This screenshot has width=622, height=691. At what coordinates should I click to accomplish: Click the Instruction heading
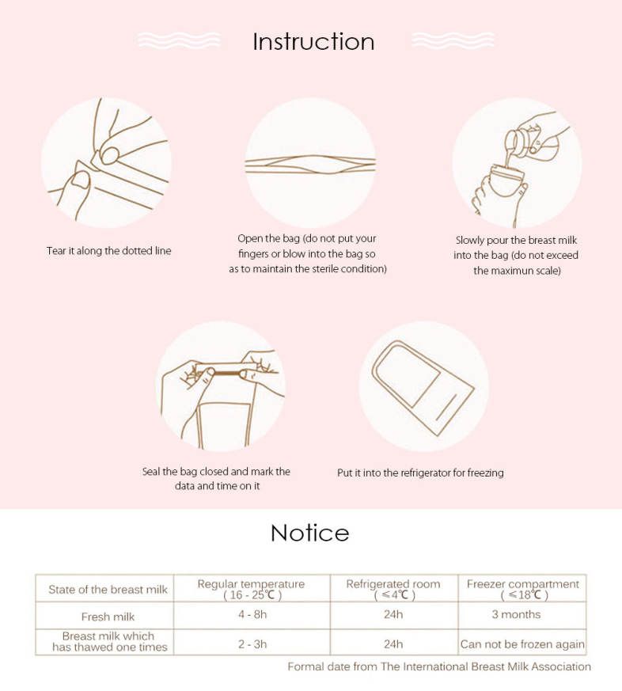coord(313,42)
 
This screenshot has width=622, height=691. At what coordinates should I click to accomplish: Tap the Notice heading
coord(310,533)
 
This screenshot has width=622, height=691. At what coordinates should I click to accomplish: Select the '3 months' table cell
coord(516,614)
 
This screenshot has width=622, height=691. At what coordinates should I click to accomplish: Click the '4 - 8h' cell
coord(252,614)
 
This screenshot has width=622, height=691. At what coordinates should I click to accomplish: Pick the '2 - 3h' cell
coord(252,644)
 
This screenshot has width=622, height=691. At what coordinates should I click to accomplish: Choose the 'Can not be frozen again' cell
coord(522,644)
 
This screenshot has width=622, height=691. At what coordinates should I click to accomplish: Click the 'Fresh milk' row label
coord(108,617)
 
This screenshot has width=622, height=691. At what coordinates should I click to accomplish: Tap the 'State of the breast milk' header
coord(108,590)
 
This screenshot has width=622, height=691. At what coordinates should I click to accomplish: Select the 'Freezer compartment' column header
coord(523,589)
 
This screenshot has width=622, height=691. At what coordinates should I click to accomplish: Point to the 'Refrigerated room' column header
coord(393,589)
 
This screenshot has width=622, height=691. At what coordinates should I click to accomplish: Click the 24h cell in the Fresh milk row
coord(393,614)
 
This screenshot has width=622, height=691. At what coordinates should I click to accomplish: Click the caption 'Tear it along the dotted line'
coord(108,251)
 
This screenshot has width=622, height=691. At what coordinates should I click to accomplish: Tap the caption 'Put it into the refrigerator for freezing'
coord(420,473)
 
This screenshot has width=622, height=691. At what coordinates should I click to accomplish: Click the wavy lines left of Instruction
coord(178,40)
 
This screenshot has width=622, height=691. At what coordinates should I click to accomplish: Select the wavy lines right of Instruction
coord(453,40)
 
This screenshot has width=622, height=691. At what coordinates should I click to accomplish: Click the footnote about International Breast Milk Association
coord(439,666)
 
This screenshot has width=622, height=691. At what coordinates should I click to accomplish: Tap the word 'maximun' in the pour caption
coord(519,271)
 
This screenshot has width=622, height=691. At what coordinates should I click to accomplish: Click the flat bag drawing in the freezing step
coord(423,388)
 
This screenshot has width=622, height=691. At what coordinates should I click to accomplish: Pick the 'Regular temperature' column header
coord(251,589)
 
